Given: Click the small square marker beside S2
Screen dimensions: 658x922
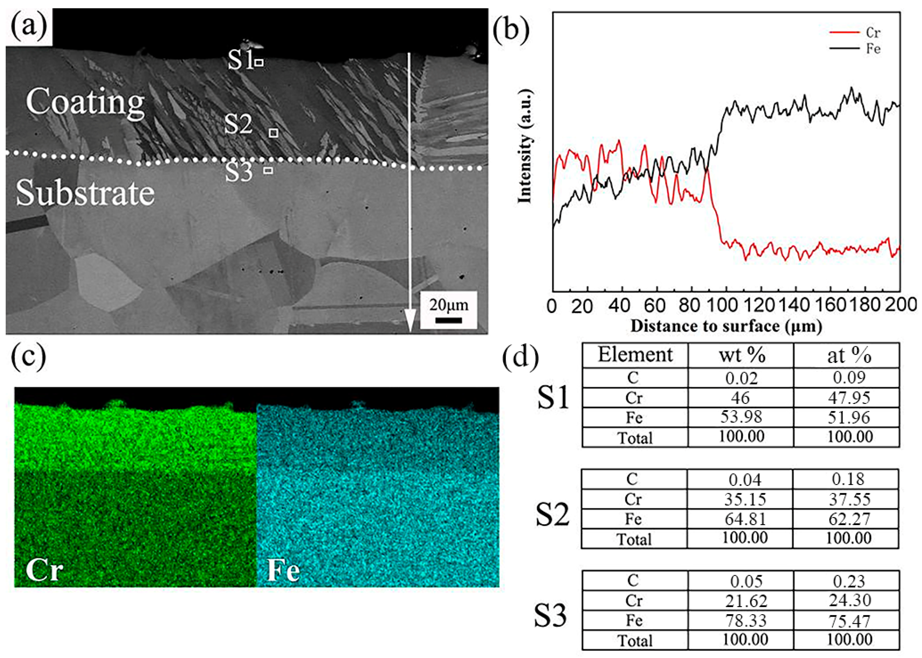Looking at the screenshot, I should (274, 133).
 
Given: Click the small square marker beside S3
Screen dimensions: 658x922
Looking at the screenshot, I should (268, 170).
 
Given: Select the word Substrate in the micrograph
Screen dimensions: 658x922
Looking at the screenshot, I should (85, 193).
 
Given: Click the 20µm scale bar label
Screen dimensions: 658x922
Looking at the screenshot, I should (449, 305).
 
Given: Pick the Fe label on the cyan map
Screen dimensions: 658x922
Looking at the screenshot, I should (283, 569).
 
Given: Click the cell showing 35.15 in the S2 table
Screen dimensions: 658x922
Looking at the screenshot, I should (745, 499).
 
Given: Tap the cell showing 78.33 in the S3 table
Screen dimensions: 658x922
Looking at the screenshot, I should (746, 620).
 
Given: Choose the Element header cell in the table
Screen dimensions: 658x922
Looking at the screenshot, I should (635, 355).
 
